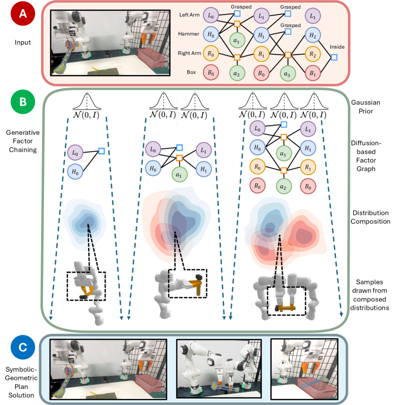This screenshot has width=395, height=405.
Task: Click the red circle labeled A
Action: point(21,16)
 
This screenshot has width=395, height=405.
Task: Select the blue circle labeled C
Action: point(21,348)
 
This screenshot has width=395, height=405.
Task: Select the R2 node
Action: point(312,53)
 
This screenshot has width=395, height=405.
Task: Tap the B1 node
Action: point(312,71)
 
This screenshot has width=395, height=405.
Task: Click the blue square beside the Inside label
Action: point(333,57)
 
